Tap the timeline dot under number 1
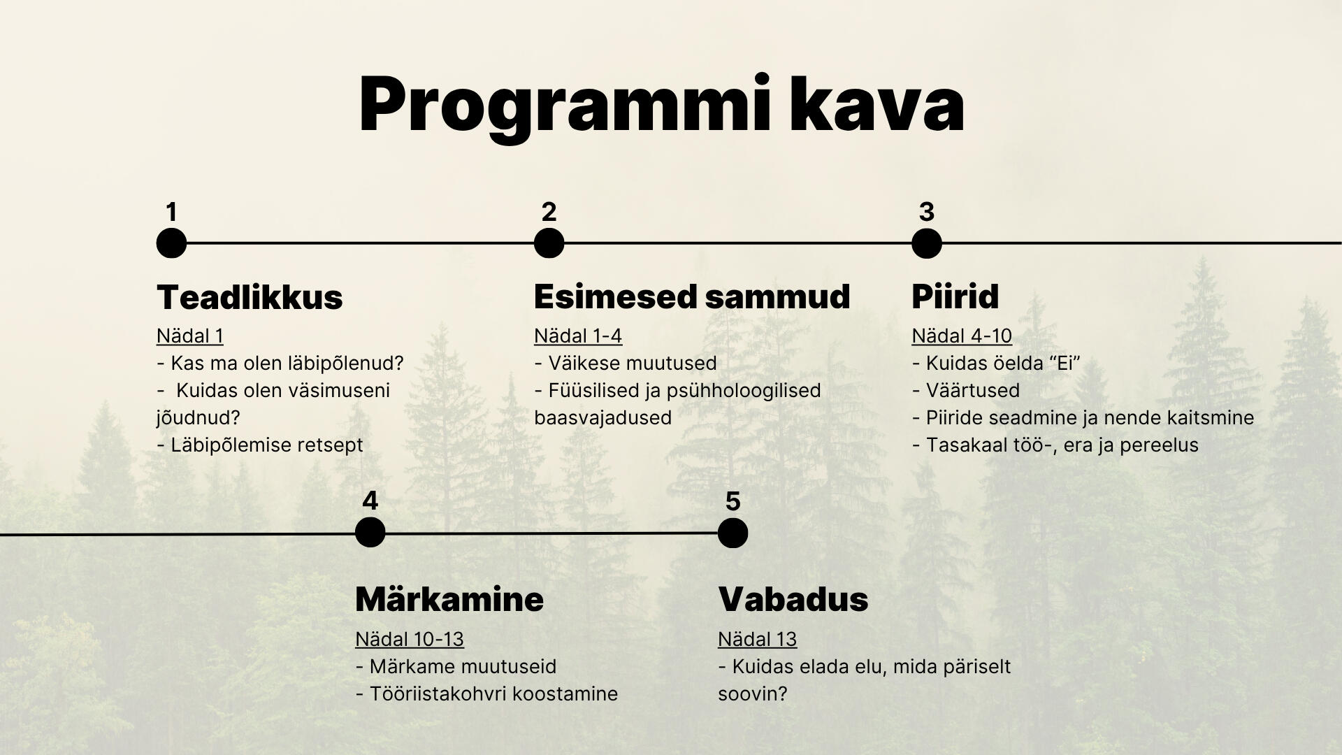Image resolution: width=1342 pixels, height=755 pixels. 171,243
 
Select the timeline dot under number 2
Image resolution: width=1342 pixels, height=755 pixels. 549,243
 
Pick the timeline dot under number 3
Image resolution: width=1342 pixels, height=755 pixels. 927,243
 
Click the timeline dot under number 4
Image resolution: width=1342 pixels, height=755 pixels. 370,533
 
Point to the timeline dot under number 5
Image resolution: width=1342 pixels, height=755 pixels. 733,533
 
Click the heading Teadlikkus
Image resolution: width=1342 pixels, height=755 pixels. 250,297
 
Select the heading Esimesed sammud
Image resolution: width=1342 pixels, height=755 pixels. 692,296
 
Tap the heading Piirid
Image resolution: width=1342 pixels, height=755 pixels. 955,296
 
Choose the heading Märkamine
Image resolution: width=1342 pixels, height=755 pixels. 449,599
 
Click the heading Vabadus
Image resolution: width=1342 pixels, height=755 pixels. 793,599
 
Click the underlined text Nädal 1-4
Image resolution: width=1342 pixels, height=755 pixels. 578,336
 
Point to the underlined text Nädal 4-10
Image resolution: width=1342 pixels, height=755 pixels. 962,336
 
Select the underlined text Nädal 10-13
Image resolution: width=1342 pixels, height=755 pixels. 410,639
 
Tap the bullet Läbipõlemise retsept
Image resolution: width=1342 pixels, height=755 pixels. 260,445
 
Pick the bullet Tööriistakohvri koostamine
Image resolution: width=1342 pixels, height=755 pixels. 486,693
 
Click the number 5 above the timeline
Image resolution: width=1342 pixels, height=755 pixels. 733,501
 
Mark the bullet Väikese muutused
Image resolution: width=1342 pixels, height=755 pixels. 626,364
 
